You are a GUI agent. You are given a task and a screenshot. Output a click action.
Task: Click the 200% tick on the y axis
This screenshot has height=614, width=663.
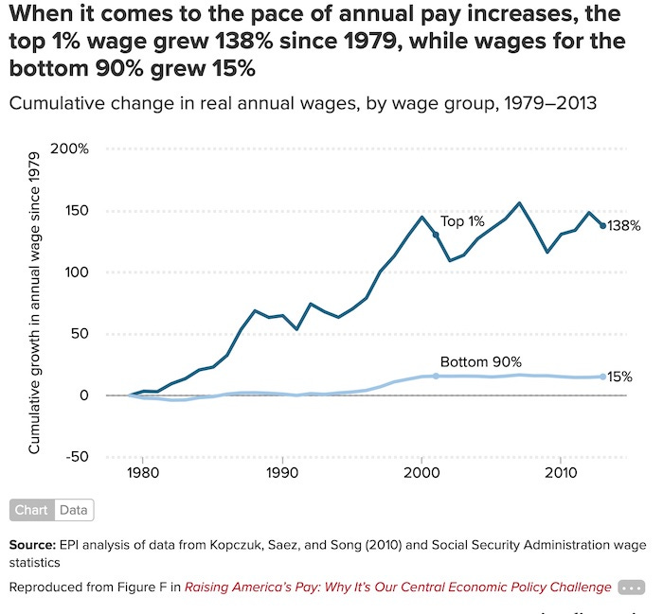click(x=71, y=149)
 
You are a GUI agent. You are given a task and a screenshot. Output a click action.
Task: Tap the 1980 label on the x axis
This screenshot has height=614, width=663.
click(x=142, y=472)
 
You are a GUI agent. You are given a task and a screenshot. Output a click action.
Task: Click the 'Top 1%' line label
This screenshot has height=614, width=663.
click(x=462, y=221)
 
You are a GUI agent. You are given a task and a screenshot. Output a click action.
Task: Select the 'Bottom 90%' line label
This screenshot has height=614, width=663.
click(x=481, y=361)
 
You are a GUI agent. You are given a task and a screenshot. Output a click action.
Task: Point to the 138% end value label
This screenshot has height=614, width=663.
click(x=624, y=226)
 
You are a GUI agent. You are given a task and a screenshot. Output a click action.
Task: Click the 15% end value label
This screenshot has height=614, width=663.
click(x=620, y=377)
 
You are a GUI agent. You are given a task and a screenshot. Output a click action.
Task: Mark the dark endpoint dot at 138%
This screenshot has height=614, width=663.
click(x=603, y=225)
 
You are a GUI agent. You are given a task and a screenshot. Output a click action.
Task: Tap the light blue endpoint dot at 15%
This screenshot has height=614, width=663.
click(x=603, y=377)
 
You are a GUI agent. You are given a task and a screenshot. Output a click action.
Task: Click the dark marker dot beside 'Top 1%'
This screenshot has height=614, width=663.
click(x=436, y=234)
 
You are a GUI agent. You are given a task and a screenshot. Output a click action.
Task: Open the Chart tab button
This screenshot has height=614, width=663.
click(x=31, y=510)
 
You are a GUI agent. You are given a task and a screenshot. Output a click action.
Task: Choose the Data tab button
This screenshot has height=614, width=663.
click(x=74, y=510)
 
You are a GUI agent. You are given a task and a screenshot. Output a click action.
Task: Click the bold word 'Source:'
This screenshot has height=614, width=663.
click(x=30, y=545)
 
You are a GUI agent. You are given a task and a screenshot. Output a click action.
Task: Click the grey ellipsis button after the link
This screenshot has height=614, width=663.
click(x=631, y=588)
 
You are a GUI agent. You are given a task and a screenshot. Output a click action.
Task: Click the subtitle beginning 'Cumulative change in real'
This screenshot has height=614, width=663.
click(x=302, y=103)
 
